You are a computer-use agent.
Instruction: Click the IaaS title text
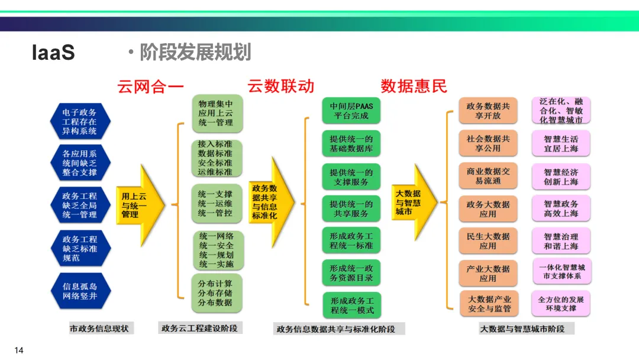coord(53,53)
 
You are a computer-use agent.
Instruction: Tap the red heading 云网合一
coord(151,86)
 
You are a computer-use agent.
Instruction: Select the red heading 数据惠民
coord(414,86)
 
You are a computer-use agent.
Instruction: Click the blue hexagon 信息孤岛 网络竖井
coord(80,291)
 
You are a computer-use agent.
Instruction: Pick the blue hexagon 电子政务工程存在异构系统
coord(80,121)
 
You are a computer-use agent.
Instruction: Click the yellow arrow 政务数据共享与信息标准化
coord(270,202)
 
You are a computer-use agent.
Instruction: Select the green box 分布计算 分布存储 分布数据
coord(216,292)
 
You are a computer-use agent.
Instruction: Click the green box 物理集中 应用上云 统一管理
coord(216,112)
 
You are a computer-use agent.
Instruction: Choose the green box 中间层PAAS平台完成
coord(351,111)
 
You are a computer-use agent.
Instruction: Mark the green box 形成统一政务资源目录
coord(351,272)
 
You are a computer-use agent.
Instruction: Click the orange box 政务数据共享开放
coord(488,111)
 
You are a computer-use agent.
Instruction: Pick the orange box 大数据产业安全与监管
coord(488,304)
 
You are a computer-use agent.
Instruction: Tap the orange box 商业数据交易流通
coord(488,176)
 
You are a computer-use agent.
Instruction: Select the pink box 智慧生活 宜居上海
coord(561,144)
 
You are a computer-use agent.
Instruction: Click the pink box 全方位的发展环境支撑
coord(561,304)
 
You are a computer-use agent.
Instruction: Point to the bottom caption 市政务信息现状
coord(102,328)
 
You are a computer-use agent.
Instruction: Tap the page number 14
coord(19,351)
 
